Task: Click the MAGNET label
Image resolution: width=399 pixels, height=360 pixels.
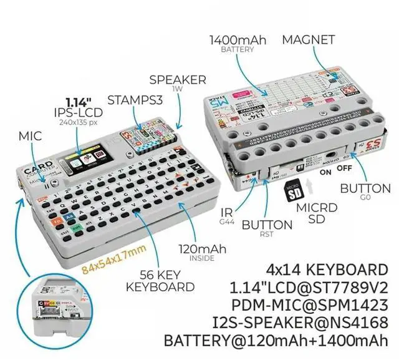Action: [309, 40]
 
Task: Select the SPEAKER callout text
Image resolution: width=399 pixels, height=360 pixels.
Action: [178, 81]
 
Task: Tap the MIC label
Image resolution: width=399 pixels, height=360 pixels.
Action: [30, 135]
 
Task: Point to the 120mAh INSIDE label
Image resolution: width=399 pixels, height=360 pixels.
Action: [202, 251]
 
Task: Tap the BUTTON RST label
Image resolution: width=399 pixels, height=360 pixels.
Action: [267, 226]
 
